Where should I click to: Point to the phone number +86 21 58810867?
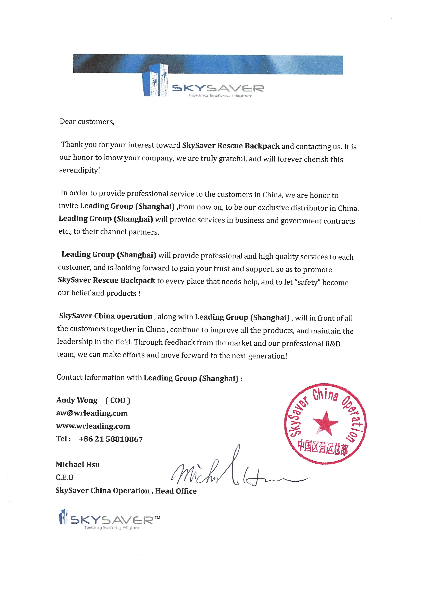pyautogui.click(x=111, y=439)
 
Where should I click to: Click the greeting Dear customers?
pyautogui.click(x=87, y=122)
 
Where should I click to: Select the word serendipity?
pyautogui.click(x=79, y=170)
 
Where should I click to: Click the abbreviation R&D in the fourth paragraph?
pyautogui.click(x=333, y=344)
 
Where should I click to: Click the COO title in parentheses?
pyautogui.click(x=118, y=401)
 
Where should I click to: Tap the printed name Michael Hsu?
pyautogui.click(x=78, y=464)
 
